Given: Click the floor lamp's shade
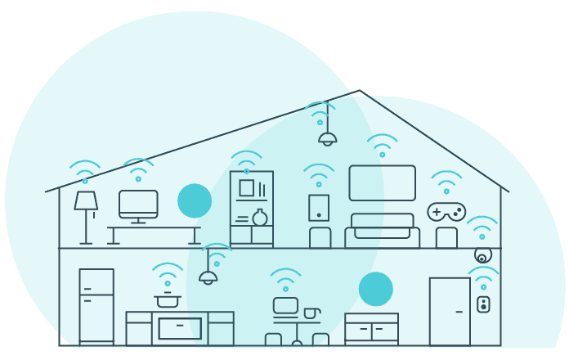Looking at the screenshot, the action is coord(86,200).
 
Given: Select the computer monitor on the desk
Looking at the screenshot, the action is coord(138,203).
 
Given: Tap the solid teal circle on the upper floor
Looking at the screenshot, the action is coord(195,200).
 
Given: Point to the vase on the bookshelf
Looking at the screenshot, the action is coord(260,218).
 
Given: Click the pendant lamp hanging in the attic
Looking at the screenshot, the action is coord(328,138).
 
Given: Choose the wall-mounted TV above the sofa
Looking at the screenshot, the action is coord(382,182).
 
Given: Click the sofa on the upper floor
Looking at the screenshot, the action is coord(382,232).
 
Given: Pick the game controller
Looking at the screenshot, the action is coord(446,212).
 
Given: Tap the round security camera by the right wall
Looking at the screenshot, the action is coord(482,255).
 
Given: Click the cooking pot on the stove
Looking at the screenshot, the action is coord(168,300).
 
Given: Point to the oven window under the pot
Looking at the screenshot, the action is coord(180,328).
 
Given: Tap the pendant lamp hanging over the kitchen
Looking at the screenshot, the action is coord(208,277).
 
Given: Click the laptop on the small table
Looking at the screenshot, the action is coord(285,306).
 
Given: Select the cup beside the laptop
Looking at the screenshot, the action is coord(311,313).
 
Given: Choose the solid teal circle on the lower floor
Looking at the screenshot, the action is coord(376,289).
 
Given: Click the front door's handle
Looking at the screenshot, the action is coord(459,312).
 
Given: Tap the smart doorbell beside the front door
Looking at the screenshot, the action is coord(483,304).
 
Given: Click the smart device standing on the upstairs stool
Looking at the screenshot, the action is coord(319,207).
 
